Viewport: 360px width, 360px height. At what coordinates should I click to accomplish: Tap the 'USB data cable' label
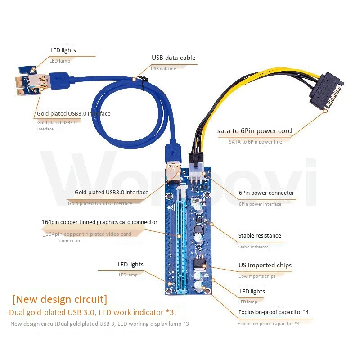173,58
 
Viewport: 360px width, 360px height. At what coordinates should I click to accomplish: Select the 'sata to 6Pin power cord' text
254,131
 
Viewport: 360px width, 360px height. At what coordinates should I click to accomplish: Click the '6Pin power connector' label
266,193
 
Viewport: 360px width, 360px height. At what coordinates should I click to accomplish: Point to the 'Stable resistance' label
260,235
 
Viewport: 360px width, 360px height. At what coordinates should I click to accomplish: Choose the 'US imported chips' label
265,265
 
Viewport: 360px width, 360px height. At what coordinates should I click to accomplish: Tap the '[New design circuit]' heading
60,299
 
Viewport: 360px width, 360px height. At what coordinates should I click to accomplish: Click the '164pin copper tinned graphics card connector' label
99,222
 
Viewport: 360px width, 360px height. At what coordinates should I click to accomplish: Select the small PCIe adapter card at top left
31,81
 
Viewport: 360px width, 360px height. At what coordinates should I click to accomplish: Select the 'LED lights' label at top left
63,50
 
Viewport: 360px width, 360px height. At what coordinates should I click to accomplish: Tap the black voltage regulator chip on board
199,265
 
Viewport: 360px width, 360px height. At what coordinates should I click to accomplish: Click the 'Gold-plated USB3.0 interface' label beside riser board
111,193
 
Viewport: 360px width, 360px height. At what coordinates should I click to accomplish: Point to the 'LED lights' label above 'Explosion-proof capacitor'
252,291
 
